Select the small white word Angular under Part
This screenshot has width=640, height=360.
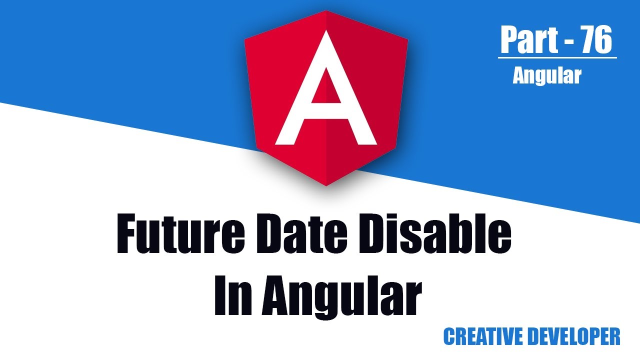547,75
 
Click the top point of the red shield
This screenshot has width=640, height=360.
326,11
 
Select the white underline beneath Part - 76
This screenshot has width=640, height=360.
557,58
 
